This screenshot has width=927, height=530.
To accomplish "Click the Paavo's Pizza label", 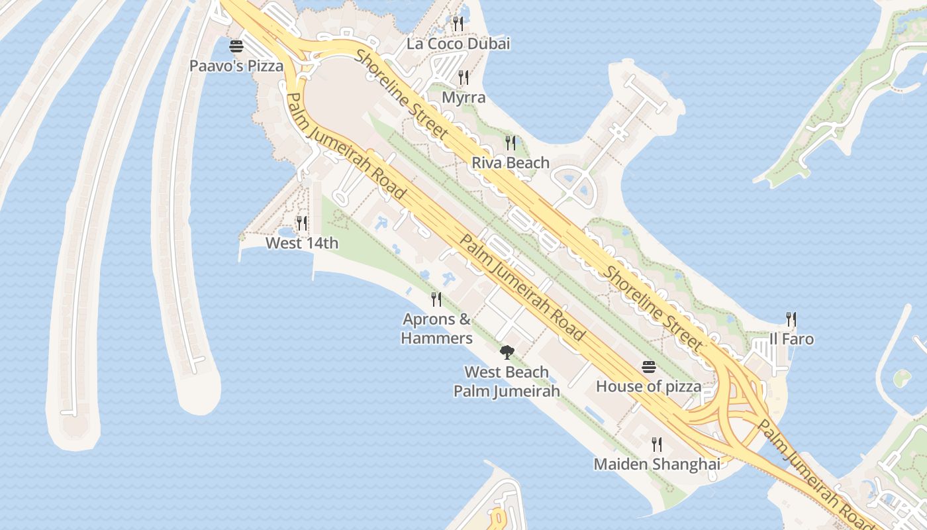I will [236, 66].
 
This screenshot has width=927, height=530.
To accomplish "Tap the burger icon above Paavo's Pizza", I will [236, 47].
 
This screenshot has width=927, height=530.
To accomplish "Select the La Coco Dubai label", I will [458, 44].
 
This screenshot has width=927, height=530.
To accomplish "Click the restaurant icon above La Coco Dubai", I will [458, 24].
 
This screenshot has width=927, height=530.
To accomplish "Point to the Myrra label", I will [463, 98].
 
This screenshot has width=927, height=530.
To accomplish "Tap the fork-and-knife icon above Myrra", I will [463, 78].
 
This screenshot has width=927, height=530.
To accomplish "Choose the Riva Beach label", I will [511, 163].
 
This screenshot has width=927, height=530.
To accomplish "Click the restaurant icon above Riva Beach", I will [511, 142].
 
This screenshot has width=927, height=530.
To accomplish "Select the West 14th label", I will [302, 243].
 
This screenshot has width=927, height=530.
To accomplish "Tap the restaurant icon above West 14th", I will [302, 223].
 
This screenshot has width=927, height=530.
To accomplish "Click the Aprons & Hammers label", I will [437, 329].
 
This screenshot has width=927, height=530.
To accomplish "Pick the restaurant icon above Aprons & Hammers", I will [436, 299].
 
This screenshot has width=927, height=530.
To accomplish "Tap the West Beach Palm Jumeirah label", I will [507, 382].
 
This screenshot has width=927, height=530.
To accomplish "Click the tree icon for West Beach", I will [507, 352].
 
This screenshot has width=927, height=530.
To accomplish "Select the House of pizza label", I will [648, 386].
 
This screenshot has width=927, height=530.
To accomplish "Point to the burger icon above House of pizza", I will [648, 366].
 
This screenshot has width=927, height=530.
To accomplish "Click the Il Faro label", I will [791, 339].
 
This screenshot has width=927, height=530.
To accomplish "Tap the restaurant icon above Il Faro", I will [791, 319].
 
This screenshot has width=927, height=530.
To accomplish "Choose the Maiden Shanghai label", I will [656, 464].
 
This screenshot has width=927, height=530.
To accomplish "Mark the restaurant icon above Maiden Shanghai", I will [656, 444].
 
